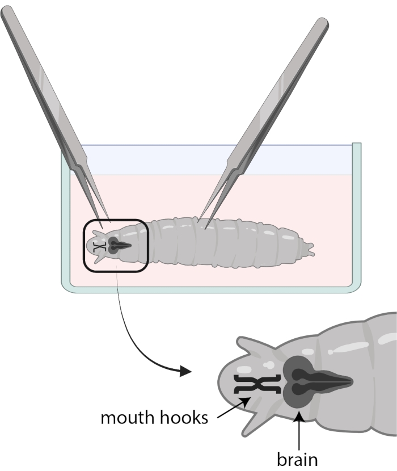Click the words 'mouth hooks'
[x=153, y=418]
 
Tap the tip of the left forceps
[x=102, y=226]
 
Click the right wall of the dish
[x=357, y=216]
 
